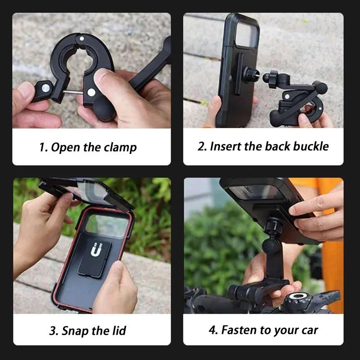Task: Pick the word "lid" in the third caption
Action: click(119, 330)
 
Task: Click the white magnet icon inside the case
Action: click(96, 249)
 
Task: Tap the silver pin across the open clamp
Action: click(73, 92)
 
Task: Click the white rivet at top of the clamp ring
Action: click(82, 38)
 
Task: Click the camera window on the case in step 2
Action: click(247, 34)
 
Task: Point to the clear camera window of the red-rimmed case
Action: click(107, 225)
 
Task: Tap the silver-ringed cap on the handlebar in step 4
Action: click(298, 296)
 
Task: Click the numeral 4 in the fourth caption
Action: click(213, 330)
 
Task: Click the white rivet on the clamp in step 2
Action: click(287, 97)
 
